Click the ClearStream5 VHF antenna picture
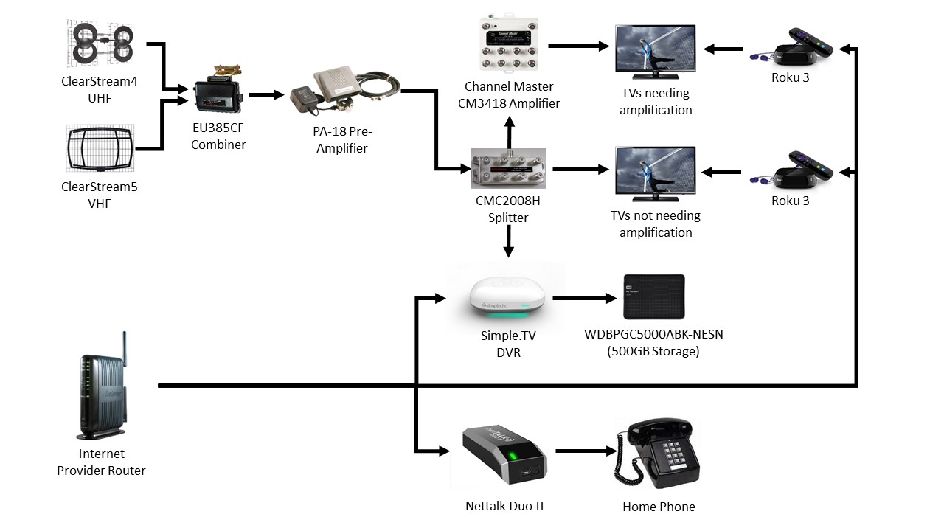coord(100,147)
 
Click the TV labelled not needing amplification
coord(655,174)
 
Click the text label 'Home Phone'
coord(659,507)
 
